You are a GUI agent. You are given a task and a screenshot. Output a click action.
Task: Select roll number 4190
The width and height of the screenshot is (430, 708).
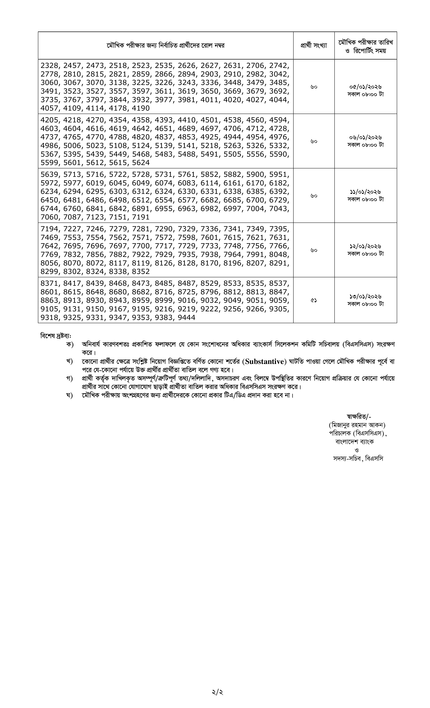[x=141, y=108]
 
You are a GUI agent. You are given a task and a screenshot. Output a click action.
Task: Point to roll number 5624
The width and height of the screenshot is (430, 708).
[x=141, y=163]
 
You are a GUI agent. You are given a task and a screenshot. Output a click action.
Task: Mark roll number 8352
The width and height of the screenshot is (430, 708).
[x=141, y=272]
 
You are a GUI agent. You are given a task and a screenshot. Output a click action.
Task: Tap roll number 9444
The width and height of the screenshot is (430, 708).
[x=187, y=318]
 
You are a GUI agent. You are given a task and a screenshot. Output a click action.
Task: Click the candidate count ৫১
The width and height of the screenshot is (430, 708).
[x=314, y=300]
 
